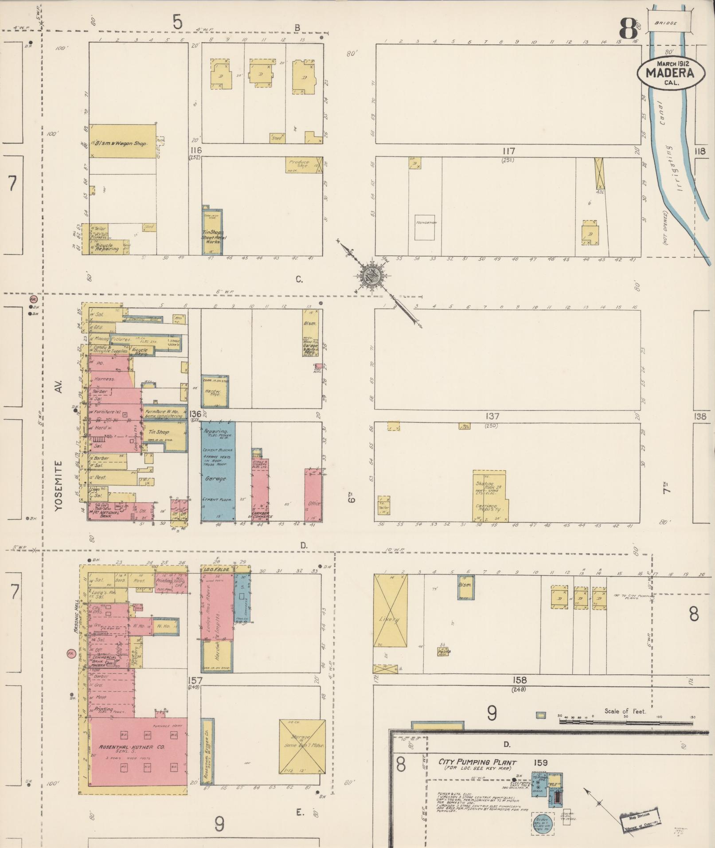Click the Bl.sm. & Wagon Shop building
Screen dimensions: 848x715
(x=123, y=141)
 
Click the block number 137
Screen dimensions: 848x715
(x=492, y=416)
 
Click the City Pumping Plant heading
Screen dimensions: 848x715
(x=477, y=762)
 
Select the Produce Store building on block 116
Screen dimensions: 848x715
(x=304, y=164)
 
